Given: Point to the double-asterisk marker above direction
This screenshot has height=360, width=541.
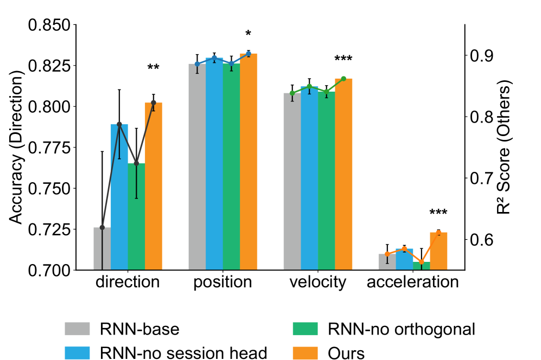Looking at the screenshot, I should coord(153,68).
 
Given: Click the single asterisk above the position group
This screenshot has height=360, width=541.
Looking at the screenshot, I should coord(249,34).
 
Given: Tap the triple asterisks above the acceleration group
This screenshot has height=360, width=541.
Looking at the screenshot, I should coord(438,213).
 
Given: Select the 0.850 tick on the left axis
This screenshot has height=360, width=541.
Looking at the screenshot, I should coord(50,25).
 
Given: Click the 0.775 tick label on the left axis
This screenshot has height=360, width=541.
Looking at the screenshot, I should coord(50,148).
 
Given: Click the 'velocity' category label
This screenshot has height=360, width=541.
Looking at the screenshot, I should coord(317,282).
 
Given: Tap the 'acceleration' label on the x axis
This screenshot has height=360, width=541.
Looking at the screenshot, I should coord(412,282).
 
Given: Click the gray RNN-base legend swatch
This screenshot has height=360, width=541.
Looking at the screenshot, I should coord(77,329).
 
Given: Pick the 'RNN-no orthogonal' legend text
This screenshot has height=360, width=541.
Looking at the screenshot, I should coord(402,329).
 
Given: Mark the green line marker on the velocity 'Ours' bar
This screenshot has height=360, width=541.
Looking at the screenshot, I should coord(343,79).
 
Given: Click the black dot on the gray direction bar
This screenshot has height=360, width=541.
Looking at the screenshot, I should coord(102,227).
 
